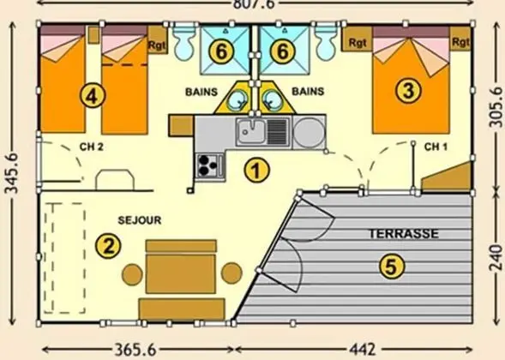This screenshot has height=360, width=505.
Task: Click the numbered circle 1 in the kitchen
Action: (x=252, y=170)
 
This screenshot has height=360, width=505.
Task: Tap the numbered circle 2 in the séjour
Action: (x=107, y=246)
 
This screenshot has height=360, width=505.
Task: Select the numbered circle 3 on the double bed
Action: (x=409, y=88)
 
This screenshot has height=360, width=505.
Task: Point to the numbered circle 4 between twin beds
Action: (x=93, y=95)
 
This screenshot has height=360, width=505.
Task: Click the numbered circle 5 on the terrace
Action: (x=391, y=267)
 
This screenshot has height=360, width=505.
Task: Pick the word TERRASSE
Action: (x=404, y=233)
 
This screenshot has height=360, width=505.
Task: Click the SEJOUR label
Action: (x=141, y=220)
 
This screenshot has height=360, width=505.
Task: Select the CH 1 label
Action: (x=436, y=147)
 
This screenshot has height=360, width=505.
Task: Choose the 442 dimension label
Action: (x=364, y=350)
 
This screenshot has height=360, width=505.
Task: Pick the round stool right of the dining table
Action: (x=231, y=273)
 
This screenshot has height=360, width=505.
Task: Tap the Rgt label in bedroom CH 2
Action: (x=158, y=44)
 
